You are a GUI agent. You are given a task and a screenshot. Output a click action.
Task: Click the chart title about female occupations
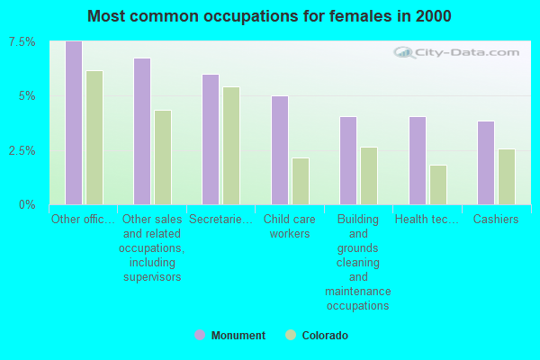pyautogui.click(x=270, y=16)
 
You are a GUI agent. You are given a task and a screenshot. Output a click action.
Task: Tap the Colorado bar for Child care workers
pyautogui.click(x=301, y=181)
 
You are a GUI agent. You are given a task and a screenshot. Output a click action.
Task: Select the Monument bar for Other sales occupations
pyautogui.click(x=142, y=131)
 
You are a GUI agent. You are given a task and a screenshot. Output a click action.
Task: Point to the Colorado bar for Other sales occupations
pyautogui.click(x=163, y=157)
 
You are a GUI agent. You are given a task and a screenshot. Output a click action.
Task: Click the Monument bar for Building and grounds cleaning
pyautogui.click(x=348, y=160)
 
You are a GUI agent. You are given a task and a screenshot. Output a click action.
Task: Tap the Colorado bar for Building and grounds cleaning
pyautogui.click(x=369, y=175)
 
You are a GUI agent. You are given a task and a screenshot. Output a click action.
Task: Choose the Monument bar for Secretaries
pyautogui.click(x=211, y=139)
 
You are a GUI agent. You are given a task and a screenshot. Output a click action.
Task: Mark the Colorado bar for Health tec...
pyautogui.click(x=438, y=184)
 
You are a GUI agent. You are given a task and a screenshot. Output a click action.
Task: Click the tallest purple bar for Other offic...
pyautogui.click(x=74, y=123)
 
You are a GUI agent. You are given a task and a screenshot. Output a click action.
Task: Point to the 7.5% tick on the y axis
pyautogui.click(x=22, y=42)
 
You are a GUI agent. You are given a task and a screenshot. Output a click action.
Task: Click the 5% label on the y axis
pyautogui.click(x=27, y=96)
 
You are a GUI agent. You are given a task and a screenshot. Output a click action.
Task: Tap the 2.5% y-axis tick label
pyautogui.click(x=22, y=150)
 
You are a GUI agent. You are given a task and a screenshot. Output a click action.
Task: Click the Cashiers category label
pyautogui.click(x=496, y=220)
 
